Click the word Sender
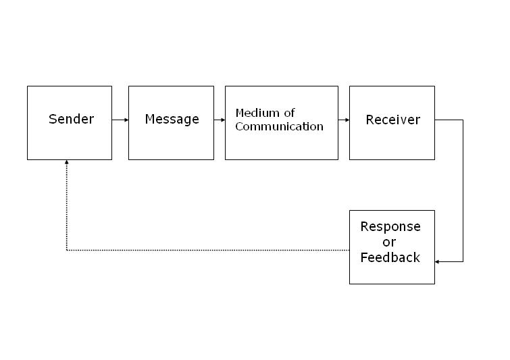pos(71,120)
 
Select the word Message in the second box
pos(172,120)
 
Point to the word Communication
pos(279,126)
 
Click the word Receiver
pos(392,120)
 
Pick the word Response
pos(390,226)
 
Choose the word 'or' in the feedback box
pos(389,242)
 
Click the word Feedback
pos(390,257)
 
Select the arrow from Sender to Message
pos(120,120)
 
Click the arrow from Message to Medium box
pos(220,120)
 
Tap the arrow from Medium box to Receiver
pos(344,120)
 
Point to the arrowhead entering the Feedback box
pos(438,261)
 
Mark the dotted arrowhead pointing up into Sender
pos(66,163)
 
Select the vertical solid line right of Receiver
pos(463,189)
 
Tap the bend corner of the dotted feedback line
pos(66,251)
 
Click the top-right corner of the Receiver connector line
pos(463,120)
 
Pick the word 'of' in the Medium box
pos(289,113)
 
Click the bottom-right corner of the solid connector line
pos(463,261)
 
